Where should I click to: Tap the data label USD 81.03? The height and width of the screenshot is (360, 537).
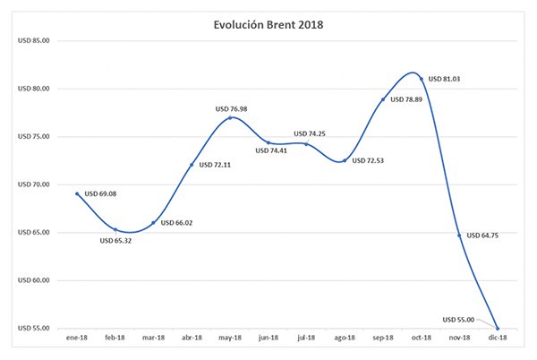pos(445,79)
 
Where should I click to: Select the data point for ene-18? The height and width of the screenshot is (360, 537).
pos(77,193)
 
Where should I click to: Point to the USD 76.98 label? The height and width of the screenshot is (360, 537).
pos(231,108)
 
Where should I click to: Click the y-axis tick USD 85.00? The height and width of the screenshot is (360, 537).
pos(35,40)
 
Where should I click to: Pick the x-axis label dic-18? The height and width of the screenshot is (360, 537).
pos(498,339)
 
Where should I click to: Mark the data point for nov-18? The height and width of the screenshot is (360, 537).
pos(459,236)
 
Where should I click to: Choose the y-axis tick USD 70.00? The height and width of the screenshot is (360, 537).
pos(35,184)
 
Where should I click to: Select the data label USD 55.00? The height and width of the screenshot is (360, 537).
pos(459,319)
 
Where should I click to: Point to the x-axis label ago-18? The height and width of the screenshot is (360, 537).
pos(345,339)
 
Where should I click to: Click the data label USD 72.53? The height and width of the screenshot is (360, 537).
pos(370,161)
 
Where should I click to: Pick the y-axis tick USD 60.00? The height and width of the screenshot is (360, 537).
pos(35,280)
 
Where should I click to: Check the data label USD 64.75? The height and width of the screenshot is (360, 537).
pos(484,236)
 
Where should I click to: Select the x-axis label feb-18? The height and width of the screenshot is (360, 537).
pos(115,339)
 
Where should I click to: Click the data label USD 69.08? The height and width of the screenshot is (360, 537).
pos(101,193)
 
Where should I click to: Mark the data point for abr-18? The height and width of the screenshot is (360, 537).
pos(192,165)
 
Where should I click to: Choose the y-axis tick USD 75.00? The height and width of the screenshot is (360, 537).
pos(35,136)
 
